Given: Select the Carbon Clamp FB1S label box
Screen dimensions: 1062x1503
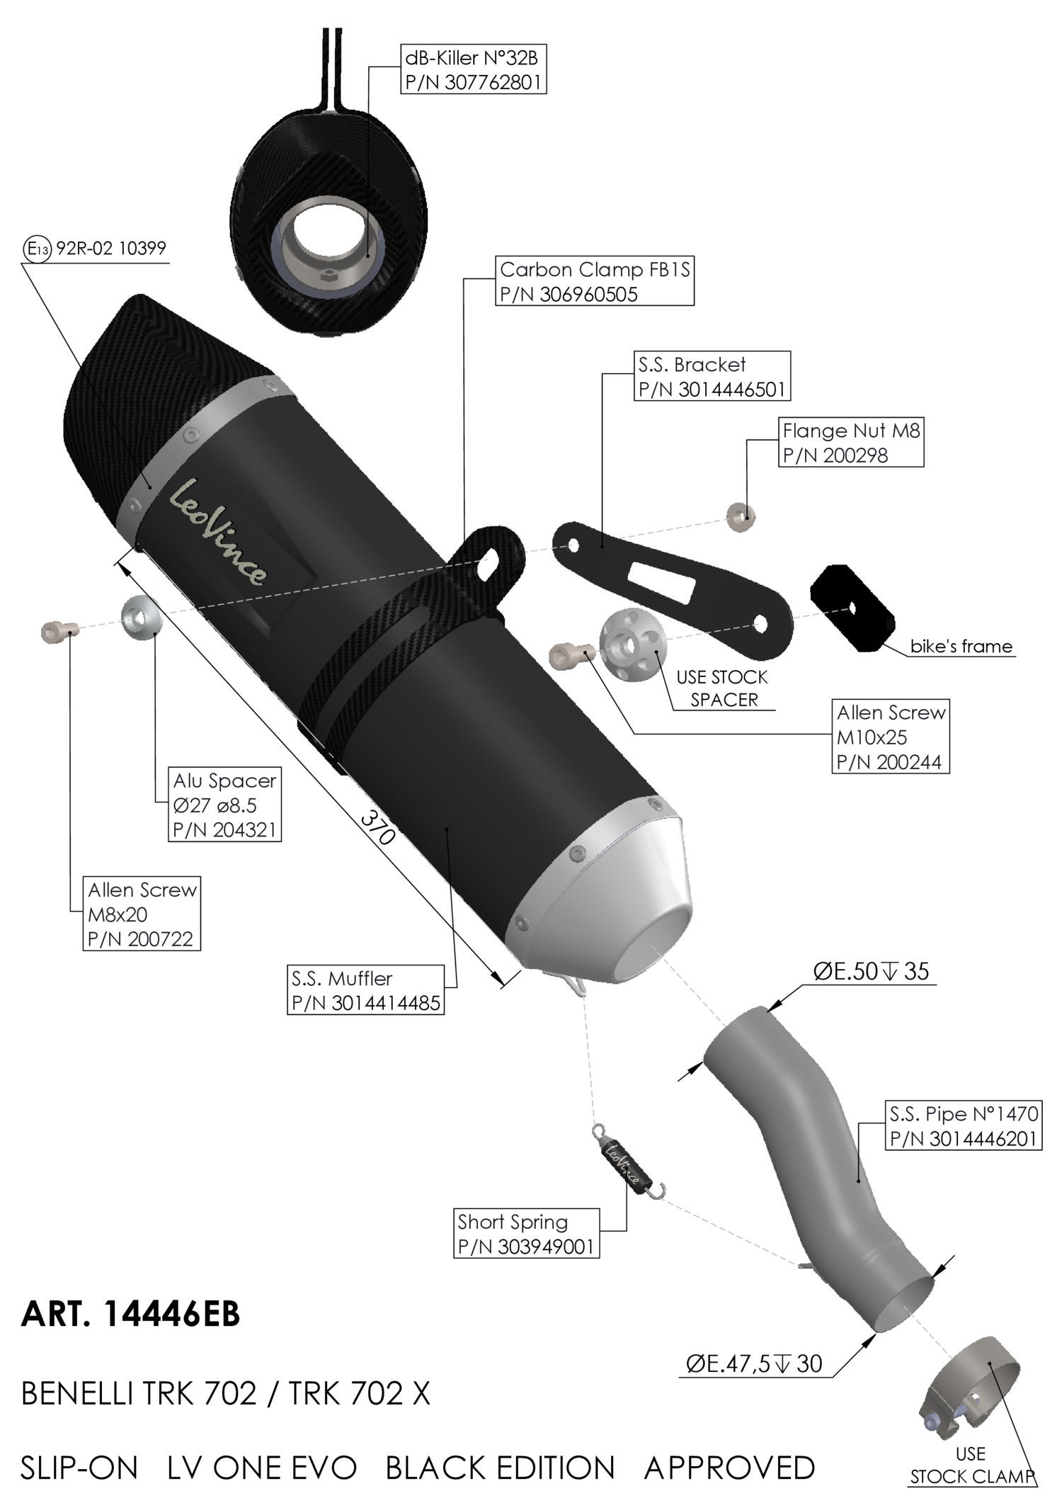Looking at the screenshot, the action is [594, 281].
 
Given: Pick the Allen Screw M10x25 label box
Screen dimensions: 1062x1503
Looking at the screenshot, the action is [890, 737].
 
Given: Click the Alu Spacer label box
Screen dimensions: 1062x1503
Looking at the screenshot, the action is [224, 804].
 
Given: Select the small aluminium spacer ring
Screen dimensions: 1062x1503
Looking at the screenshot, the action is [142, 617].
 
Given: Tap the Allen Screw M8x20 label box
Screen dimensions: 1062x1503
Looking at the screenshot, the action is [142, 913].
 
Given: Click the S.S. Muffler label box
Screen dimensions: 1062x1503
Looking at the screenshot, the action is [365, 989].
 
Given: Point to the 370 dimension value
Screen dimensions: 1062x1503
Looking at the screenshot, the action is [377, 827].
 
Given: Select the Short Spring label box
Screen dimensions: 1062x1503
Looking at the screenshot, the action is [526, 1233].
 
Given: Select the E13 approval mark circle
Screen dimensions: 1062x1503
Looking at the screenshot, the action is [37, 249].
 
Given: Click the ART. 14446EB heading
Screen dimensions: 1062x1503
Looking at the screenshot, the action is [131, 1315].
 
